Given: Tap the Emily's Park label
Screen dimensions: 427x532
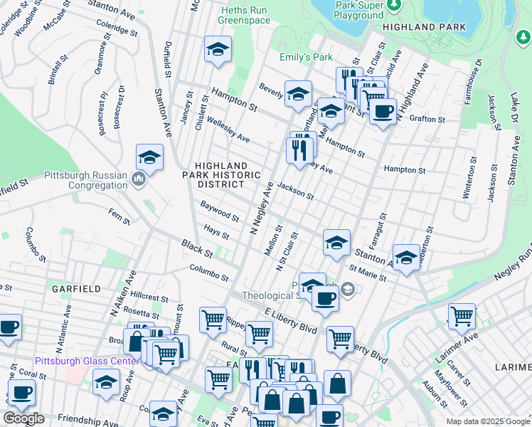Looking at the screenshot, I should [x=296, y=57].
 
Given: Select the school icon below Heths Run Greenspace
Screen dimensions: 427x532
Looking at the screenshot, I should [x=218, y=50].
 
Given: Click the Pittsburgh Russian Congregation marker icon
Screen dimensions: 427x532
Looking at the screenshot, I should [x=139, y=177].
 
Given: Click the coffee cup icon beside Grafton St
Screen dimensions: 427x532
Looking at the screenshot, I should [x=383, y=112].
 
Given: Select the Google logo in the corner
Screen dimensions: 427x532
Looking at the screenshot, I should [x=23, y=418].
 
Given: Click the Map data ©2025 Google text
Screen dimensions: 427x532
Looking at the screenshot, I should [x=488, y=421].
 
